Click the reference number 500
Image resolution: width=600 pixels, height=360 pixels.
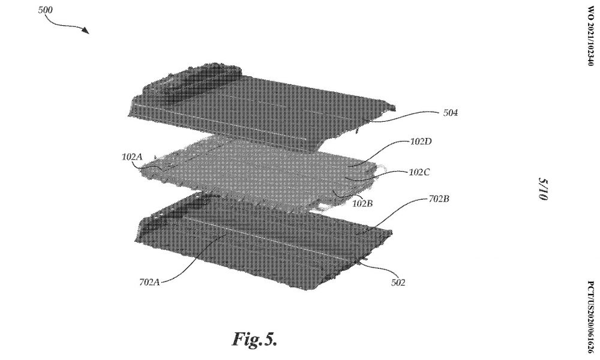[x=45, y=10]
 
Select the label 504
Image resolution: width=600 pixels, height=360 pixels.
[x=451, y=113]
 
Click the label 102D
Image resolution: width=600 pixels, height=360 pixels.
[x=421, y=142]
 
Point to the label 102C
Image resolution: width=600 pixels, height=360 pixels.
[x=419, y=172]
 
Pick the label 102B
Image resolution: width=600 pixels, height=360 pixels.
[x=362, y=203]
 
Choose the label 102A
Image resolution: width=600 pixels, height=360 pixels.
[x=132, y=157]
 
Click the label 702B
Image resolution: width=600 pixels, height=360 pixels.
[x=439, y=199]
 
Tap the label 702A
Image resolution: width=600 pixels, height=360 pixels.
[x=149, y=283]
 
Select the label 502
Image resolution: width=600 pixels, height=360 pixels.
[x=398, y=283]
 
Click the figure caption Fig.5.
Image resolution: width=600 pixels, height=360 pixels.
[x=254, y=339]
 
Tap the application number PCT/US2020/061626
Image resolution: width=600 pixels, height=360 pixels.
[x=590, y=317]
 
